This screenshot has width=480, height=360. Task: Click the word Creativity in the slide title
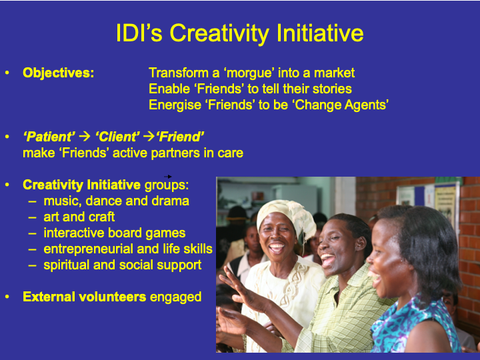pyautogui.click(x=220, y=34)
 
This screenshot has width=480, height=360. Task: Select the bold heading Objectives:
pyautogui.click(x=59, y=73)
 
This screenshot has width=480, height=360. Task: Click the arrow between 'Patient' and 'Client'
pyautogui.click(x=85, y=136)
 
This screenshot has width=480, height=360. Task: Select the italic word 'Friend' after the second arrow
pyautogui.click(x=180, y=137)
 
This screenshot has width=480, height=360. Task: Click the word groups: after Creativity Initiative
pyautogui.click(x=167, y=185)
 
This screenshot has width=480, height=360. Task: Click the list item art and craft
pyautogui.click(x=79, y=217)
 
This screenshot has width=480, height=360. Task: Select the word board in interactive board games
pyautogui.click(x=124, y=233)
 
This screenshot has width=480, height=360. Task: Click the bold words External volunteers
pyautogui.click(x=85, y=297)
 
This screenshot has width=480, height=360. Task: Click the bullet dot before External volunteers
pyautogui.click(x=7, y=297)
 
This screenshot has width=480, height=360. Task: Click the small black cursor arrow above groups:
pyautogui.click(x=168, y=176)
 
